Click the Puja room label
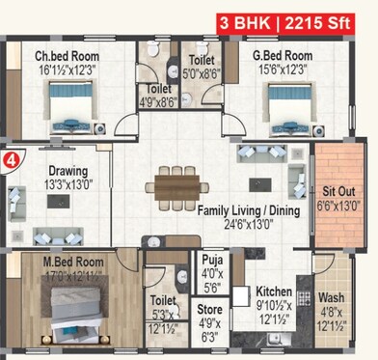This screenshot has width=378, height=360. [212, 259]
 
